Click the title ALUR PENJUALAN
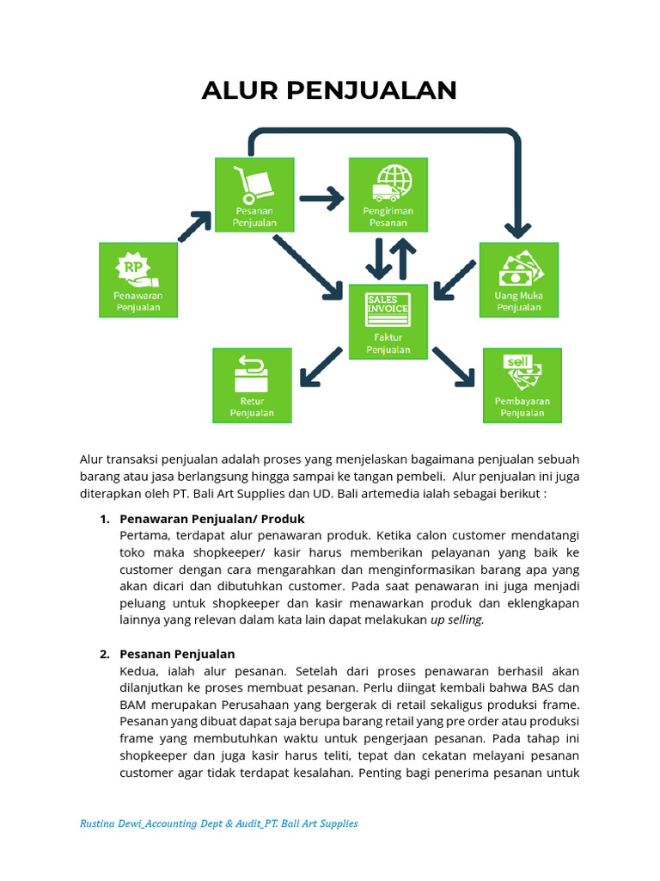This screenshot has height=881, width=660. click(329, 90)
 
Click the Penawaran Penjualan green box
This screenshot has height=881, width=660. click(138, 280)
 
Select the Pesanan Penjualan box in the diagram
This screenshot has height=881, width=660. click(253, 195)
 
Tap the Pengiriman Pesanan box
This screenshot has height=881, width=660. click(388, 195)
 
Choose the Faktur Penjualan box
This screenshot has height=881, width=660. click(388, 322)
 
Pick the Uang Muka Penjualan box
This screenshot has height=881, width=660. click(518, 280)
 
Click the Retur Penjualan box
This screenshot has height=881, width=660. click(252, 385)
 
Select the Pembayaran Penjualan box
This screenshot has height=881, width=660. click(522, 385)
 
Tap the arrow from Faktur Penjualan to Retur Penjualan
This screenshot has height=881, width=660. click(321, 368)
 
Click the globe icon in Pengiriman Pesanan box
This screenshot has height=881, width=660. click(395, 178)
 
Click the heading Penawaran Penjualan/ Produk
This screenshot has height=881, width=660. click(212, 519)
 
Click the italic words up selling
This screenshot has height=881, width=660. click(457, 619)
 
